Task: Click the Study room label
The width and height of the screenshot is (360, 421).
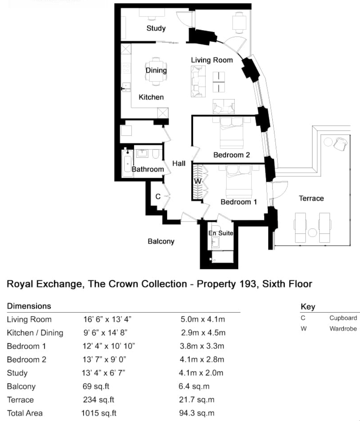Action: click(x=156, y=28)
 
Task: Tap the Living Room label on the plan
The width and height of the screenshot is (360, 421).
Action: click(x=212, y=60)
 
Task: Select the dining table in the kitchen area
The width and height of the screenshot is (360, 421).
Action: click(x=156, y=71)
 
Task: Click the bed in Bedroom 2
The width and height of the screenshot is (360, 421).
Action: click(x=232, y=134)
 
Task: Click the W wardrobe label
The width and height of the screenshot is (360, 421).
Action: click(x=197, y=181)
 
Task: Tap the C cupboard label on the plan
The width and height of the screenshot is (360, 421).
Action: click(x=158, y=197)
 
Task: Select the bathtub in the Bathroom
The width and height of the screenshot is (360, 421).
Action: click(x=127, y=163)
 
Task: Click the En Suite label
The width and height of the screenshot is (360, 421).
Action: click(x=221, y=233)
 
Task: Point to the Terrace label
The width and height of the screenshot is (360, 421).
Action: click(x=311, y=198)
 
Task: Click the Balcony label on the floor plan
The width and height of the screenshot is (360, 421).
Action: click(x=161, y=241)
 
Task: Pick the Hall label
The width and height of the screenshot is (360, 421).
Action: click(x=179, y=163)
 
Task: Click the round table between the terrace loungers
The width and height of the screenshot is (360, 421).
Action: click(x=312, y=233)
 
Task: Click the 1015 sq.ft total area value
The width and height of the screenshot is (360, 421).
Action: click(x=99, y=413)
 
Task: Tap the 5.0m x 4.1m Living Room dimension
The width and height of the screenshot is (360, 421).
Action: click(x=202, y=319)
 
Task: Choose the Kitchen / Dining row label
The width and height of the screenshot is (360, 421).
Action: click(x=35, y=333)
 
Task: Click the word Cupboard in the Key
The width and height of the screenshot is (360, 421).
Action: click(x=343, y=318)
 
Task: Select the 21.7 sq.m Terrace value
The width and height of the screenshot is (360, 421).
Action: click(x=197, y=400)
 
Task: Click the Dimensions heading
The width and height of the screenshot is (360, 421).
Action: click(x=29, y=306)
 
